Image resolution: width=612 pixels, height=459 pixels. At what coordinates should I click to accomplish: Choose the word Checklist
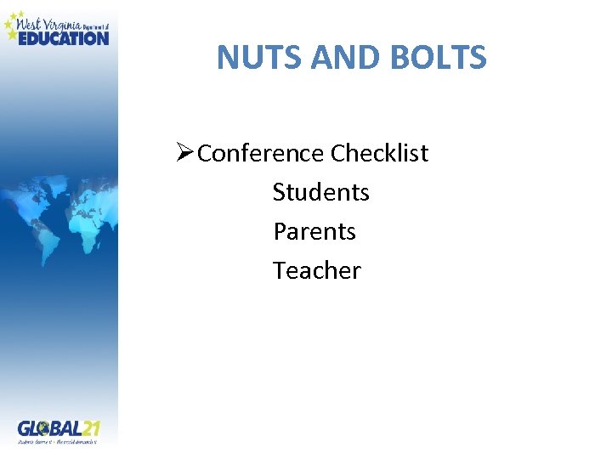click(x=380, y=154)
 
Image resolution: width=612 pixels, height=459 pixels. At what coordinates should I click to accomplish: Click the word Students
click(x=320, y=193)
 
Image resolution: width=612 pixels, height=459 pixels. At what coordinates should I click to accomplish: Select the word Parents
click(x=314, y=231)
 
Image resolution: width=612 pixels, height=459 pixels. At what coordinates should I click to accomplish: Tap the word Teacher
click(x=316, y=270)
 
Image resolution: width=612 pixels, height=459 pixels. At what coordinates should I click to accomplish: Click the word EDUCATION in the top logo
click(x=64, y=38)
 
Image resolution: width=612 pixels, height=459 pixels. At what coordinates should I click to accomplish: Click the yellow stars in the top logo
click(x=11, y=25)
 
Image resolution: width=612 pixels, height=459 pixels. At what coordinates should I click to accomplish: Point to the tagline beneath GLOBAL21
click(x=58, y=441)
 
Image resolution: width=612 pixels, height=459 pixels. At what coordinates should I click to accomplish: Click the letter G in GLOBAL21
click(x=25, y=428)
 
